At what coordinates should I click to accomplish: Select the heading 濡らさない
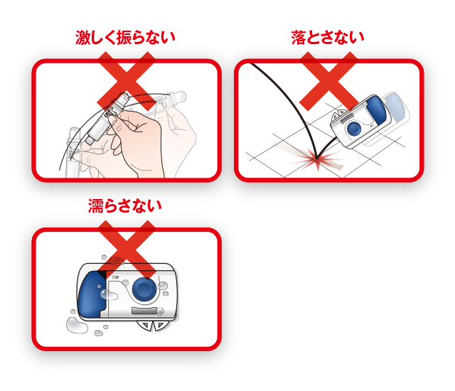(125, 206)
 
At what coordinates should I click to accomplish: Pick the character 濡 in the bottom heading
(96, 206)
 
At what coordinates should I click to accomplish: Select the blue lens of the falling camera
(354, 129)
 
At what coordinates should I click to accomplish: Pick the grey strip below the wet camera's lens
(147, 311)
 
